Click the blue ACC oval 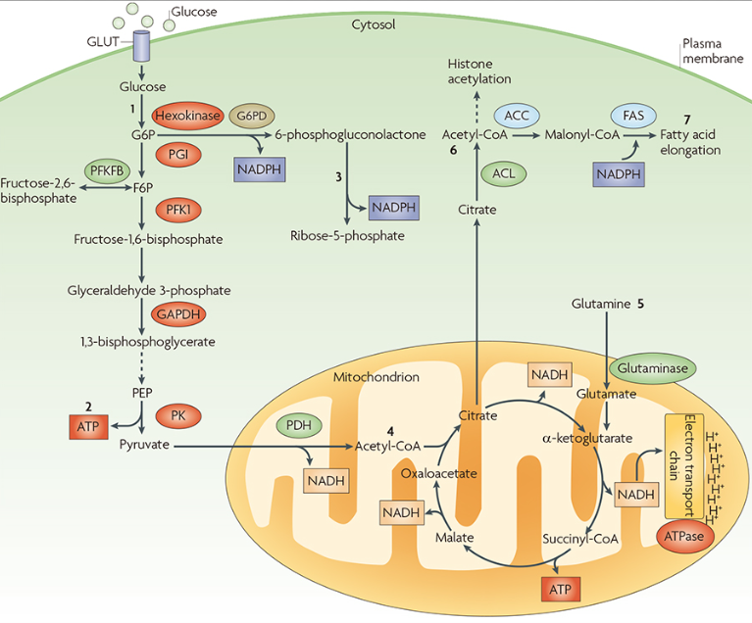pyautogui.click(x=518, y=114)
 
